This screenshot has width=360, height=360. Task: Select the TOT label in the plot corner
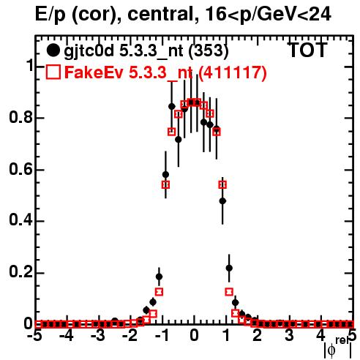[307, 50]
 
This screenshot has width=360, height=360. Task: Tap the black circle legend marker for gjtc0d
[53, 50]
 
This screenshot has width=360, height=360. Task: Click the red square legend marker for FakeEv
[53, 72]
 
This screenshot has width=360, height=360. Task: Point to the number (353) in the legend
[209, 50]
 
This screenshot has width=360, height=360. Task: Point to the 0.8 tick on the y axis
[20, 117]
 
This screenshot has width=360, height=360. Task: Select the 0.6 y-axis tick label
[20, 169]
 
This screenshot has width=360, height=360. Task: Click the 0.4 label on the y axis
[20, 220]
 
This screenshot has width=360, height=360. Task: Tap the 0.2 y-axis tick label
[20, 271]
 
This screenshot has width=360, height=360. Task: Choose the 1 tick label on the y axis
[29, 65]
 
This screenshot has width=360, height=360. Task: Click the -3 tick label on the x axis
[98, 335]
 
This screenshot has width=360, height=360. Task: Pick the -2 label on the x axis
[130, 335]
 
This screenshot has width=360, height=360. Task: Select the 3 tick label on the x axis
[289, 335]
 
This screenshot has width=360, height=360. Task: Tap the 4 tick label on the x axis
[321, 335]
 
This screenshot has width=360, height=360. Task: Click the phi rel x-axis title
[339, 348]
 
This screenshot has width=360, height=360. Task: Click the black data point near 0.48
[222, 201]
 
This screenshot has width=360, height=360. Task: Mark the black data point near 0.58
[165, 175]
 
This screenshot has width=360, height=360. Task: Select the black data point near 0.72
[179, 140]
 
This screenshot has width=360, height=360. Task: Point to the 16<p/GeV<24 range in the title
[268, 14]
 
